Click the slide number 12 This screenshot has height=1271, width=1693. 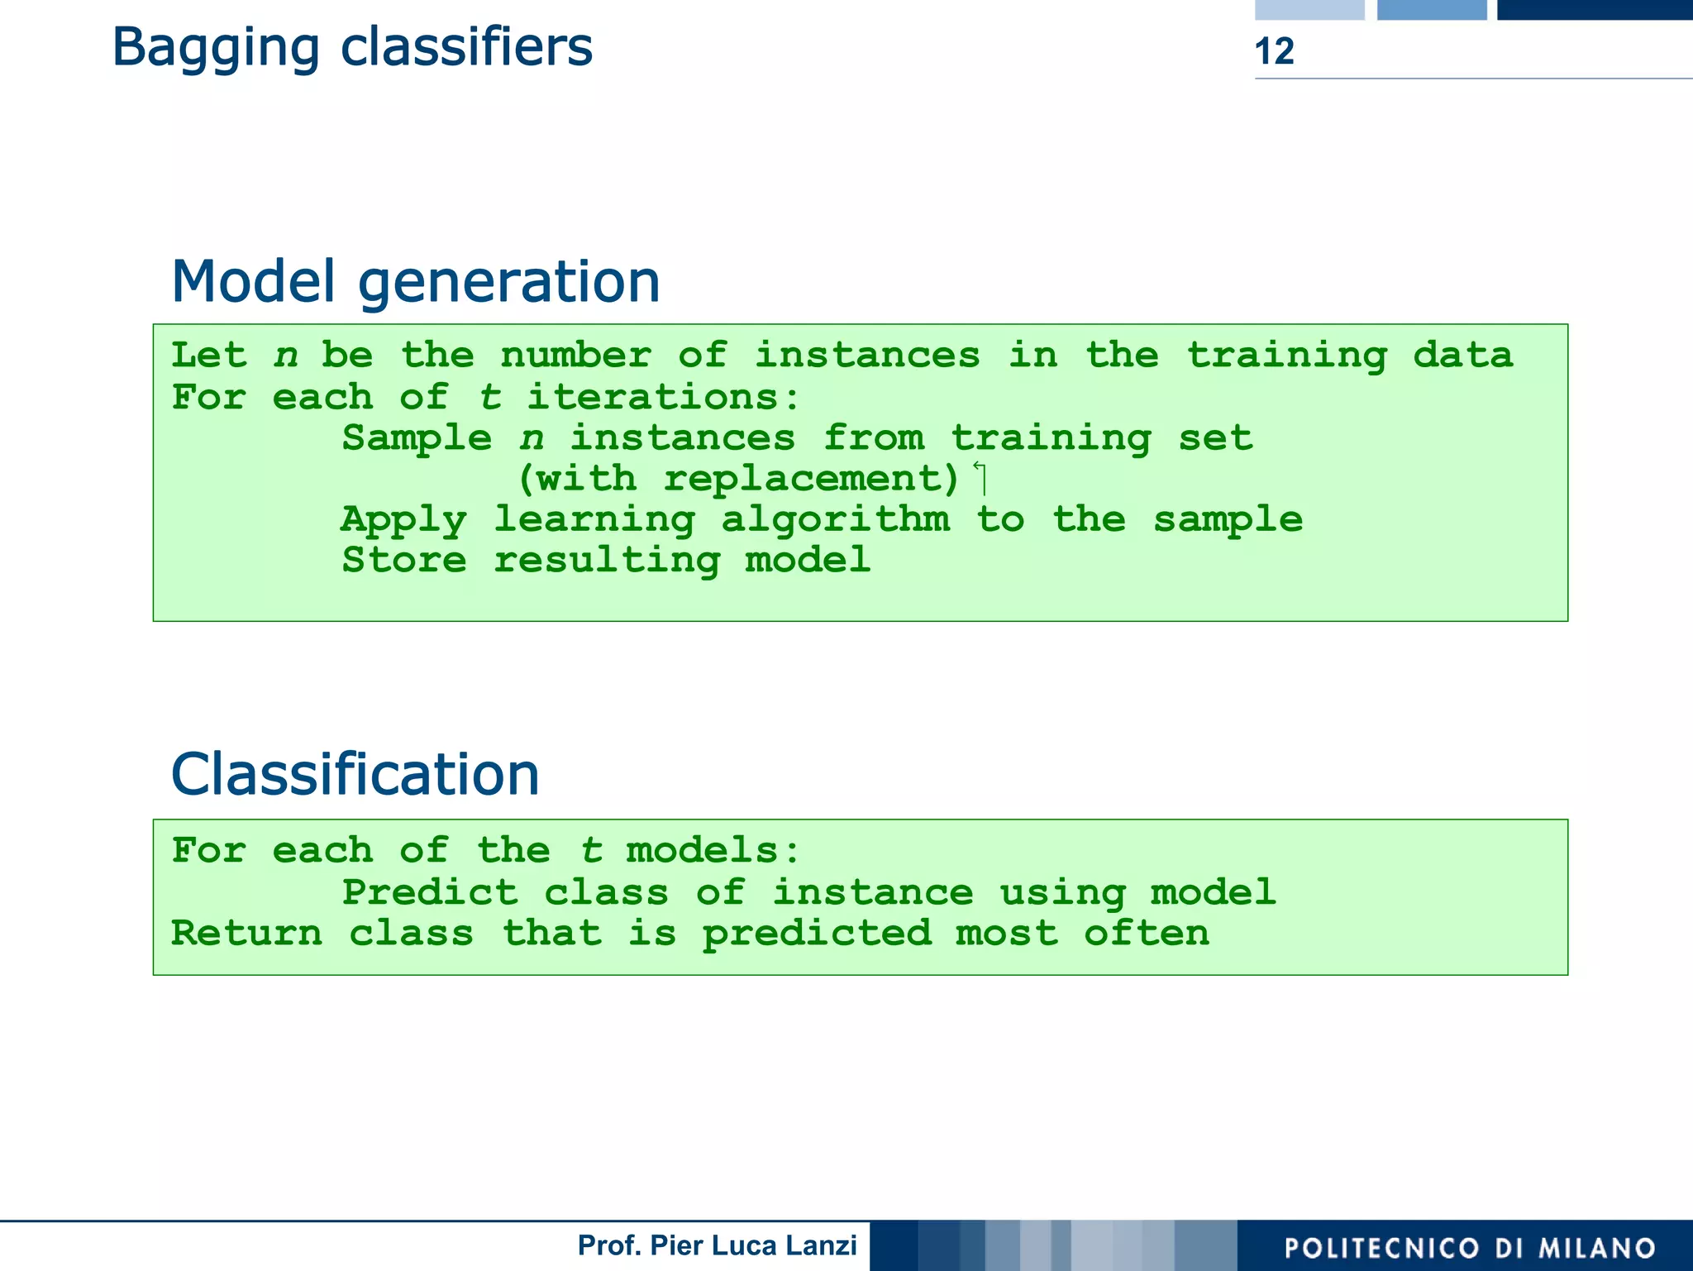[x=1274, y=51]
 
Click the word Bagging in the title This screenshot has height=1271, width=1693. [x=215, y=48]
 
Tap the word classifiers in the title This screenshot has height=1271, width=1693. [x=466, y=46]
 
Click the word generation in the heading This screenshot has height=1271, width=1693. [x=508, y=283]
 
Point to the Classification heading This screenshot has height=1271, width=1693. [x=355, y=774]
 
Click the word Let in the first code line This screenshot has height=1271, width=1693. [x=208, y=356]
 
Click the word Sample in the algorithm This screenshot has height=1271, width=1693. [x=417, y=438]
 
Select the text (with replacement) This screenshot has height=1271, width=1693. [x=738, y=479]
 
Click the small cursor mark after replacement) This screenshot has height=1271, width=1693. [x=980, y=477]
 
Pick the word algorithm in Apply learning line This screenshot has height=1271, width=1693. [x=835, y=520]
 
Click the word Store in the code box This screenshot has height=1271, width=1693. [x=404, y=560]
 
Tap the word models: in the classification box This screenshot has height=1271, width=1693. [x=713, y=850]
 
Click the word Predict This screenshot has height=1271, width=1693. [x=429, y=892]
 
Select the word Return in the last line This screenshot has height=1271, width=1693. [x=246, y=934]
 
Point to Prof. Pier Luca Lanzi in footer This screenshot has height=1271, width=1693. [x=717, y=1245]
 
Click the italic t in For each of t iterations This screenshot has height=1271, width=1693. [x=490, y=397]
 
